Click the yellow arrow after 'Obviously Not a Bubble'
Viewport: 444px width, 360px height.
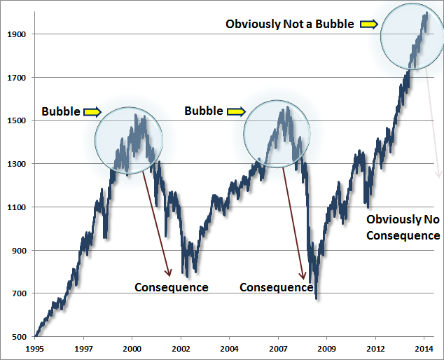click(369, 24)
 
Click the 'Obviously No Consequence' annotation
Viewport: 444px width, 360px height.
click(403, 228)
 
